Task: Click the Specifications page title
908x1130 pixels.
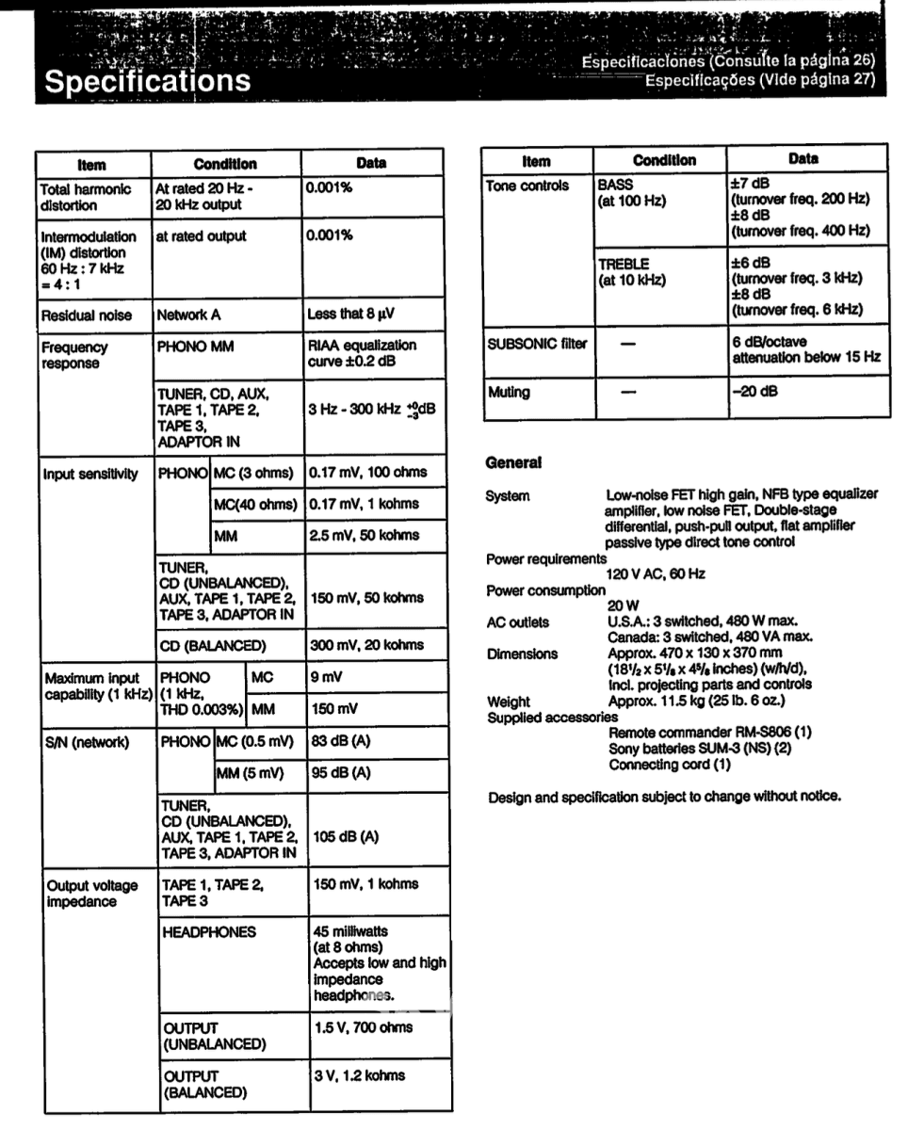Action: click(150, 81)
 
